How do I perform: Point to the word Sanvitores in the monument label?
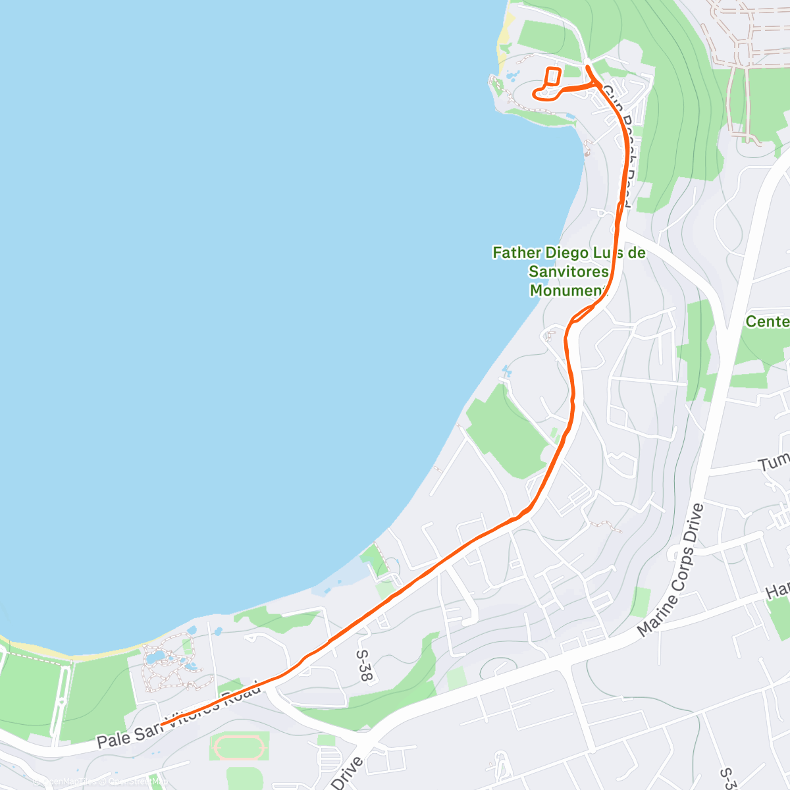tap(569, 271)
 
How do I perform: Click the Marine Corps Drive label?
tap(671, 569)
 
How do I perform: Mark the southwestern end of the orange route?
tap(163, 724)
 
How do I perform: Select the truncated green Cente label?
tap(767, 321)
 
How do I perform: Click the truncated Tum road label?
tap(774, 462)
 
